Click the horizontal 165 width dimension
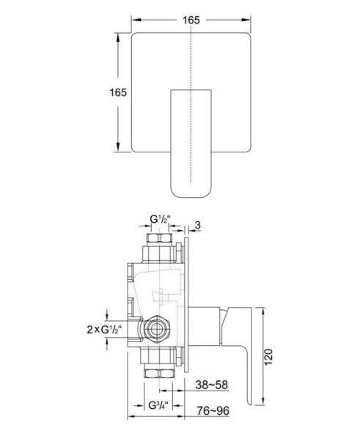[191, 20]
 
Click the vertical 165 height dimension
[118, 92]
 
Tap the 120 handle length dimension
[268, 357]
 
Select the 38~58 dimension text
[212, 385]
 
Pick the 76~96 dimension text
[213, 410]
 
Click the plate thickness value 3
[198, 225]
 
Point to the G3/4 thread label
[158, 405]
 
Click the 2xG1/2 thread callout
[104, 329]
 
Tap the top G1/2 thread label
[161, 219]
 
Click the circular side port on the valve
[156, 329]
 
